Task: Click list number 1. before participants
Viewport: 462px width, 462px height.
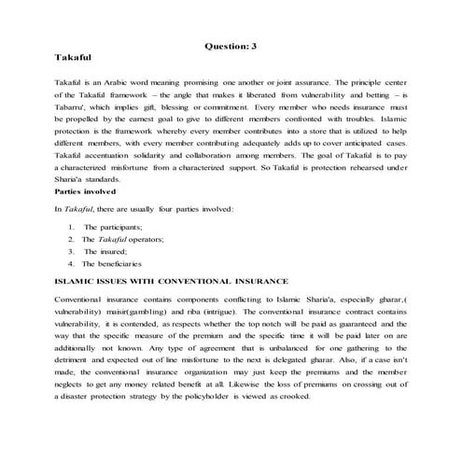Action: click(72, 227)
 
